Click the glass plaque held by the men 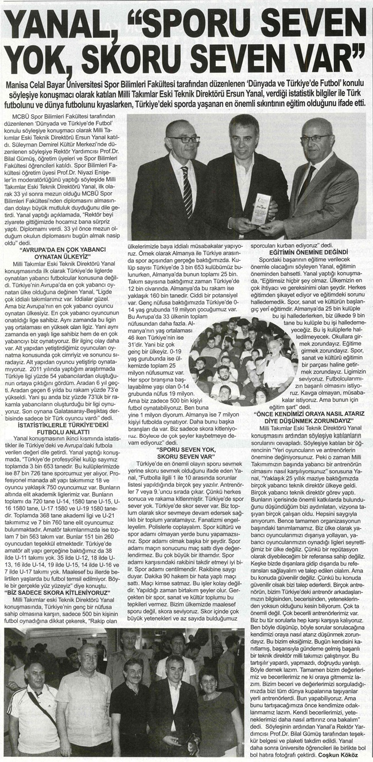[x=259, y=209]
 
